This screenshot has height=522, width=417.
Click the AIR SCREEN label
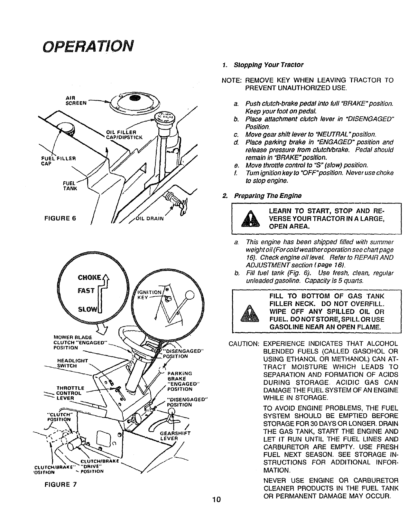[76, 101]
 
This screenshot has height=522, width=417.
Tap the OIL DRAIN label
[150, 219]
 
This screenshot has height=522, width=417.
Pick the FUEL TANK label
[70, 186]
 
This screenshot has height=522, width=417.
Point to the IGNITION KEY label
[148, 295]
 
